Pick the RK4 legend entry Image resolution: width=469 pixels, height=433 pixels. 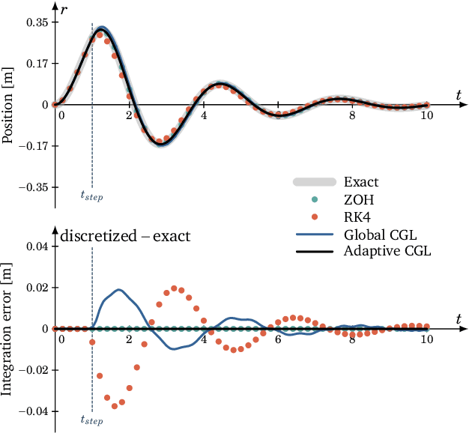358,216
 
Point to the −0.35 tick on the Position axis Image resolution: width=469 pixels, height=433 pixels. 34,187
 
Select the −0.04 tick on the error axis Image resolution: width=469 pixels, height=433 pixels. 34,411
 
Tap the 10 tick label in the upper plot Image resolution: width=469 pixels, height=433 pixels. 426,115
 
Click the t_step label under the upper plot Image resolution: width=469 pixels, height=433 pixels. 91,196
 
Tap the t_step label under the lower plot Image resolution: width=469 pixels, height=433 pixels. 91,421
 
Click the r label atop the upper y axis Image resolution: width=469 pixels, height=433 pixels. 64,9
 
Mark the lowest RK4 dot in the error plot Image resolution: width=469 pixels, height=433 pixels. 115,406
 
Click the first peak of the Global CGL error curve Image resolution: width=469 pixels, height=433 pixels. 118,289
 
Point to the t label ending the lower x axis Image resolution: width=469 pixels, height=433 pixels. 458,319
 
